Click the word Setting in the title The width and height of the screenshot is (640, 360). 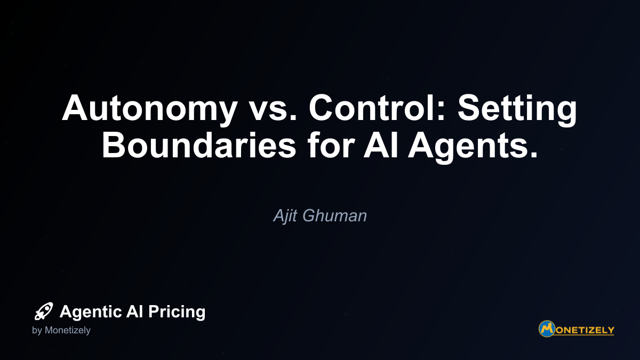point(517,110)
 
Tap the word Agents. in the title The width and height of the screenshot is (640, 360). point(473,147)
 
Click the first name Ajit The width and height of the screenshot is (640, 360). point(285,215)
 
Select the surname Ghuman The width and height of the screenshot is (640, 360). point(334,215)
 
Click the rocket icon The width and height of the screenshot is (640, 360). point(44,311)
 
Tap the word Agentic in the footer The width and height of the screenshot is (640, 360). point(91,312)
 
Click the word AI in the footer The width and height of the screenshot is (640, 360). point(134,311)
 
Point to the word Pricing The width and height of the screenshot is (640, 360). point(177,312)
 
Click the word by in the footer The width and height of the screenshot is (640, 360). point(37,331)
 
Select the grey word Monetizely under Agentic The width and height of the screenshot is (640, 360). point(68,331)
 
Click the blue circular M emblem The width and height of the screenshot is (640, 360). point(547,329)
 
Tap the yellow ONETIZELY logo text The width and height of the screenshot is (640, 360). point(585,330)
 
